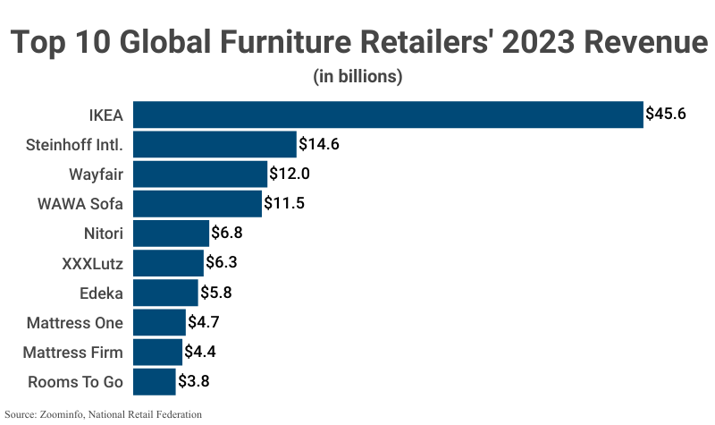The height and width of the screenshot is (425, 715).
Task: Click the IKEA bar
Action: point(388,115)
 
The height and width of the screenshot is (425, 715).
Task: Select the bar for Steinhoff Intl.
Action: point(214,144)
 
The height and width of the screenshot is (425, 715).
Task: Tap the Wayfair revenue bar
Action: point(200,174)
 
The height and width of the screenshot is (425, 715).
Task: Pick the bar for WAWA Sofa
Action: point(198,203)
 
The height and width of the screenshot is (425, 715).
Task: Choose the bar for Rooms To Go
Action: point(155,381)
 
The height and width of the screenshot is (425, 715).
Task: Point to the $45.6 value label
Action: point(667,115)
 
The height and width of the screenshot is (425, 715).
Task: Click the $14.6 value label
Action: point(320,144)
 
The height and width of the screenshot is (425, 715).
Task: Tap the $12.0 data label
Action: point(290,174)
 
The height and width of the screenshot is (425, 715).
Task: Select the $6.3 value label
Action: point(224,263)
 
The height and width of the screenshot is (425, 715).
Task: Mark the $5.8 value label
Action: point(219,293)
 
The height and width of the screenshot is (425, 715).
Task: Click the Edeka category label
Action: point(101,293)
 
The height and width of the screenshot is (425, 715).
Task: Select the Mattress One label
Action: point(75,322)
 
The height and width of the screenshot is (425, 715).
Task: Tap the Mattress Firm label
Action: point(74,352)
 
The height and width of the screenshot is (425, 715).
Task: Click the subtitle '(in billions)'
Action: point(357,77)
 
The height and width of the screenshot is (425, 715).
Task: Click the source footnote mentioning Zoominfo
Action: point(104,414)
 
